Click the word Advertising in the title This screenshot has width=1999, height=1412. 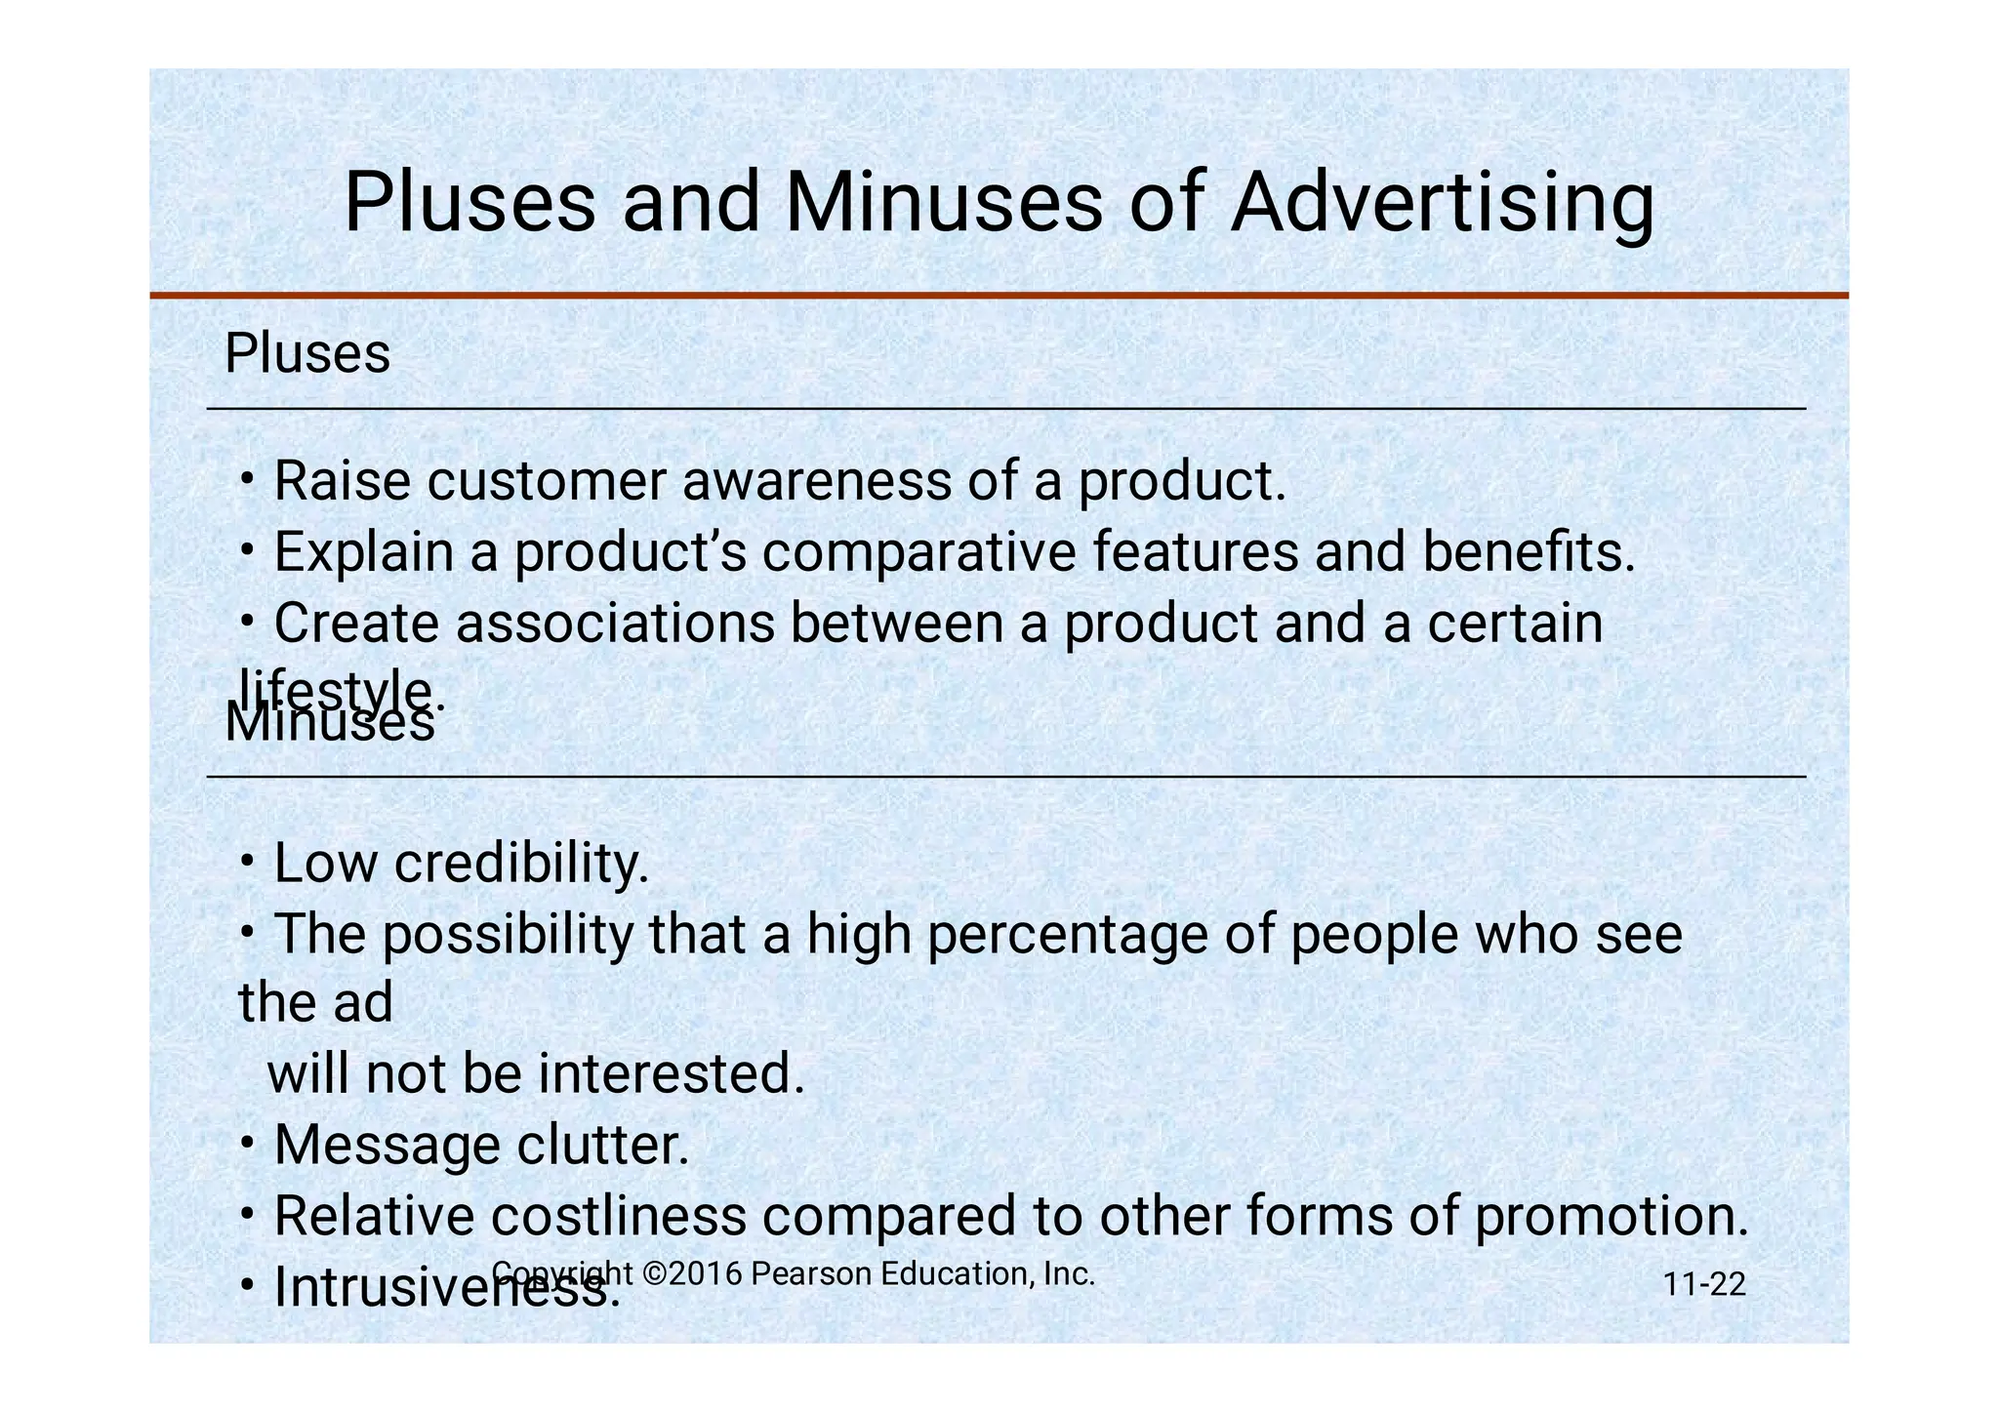(x=1442, y=204)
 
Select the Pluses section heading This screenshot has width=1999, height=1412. (x=307, y=353)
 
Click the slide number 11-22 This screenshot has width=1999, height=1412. (x=1704, y=1284)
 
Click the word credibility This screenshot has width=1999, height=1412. (x=521, y=864)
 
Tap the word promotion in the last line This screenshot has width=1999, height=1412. (x=1611, y=1216)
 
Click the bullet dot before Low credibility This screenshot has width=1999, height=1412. (x=249, y=862)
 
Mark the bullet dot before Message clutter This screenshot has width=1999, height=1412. (x=249, y=1143)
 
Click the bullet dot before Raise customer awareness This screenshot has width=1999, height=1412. (x=249, y=479)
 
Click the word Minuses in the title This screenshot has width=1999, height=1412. (x=944, y=204)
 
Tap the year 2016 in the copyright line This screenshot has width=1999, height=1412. (x=706, y=1273)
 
